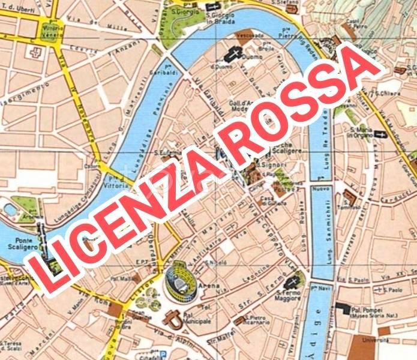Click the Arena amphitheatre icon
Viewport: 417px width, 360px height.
pos(179,278)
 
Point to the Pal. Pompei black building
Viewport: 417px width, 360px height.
pos(343,308)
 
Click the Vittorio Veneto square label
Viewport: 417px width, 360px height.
pos(52,31)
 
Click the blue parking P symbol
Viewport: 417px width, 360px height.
pos(157,353)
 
